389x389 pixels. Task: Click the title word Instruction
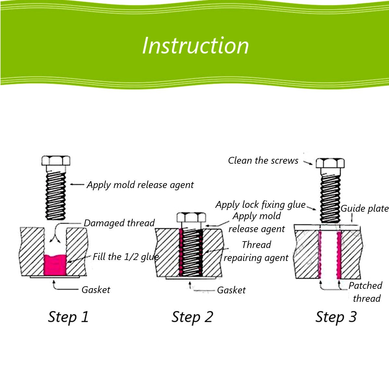pyautogui.click(x=195, y=45)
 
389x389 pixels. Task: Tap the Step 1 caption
pyautogui.click(x=68, y=317)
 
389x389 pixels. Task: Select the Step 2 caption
pyautogui.click(x=192, y=317)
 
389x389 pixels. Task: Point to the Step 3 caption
pyautogui.click(x=336, y=317)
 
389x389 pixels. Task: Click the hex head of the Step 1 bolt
pyautogui.click(x=56, y=161)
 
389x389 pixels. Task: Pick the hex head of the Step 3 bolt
pyautogui.click(x=330, y=163)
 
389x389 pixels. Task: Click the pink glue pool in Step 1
pyautogui.click(x=55, y=264)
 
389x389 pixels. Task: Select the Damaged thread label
pyautogui.click(x=119, y=223)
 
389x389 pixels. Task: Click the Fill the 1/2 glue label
pyautogui.click(x=126, y=257)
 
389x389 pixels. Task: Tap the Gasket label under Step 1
pyautogui.click(x=96, y=289)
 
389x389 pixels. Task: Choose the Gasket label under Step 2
pyautogui.click(x=231, y=290)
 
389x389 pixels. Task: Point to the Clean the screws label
pyautogui.click(x=263, y=160)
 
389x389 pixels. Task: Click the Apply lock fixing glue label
pyautogui.click(x=260, y=205)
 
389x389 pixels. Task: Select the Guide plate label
pyautogui.click(x=364, y=208)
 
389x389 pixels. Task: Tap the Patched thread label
pyautogui.click(x=366, y=292)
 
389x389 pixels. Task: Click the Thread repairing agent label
pyautogui.click(x=256, y=251)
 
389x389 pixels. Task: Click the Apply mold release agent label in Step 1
pyautogui.click(x=140, y=185)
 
